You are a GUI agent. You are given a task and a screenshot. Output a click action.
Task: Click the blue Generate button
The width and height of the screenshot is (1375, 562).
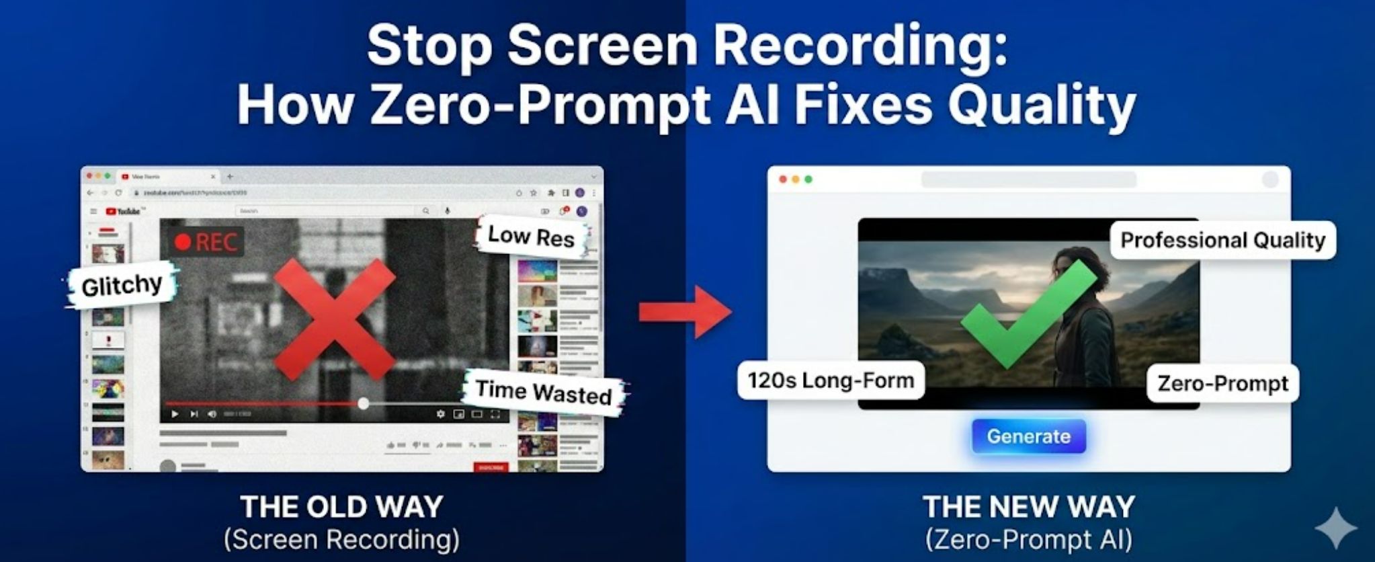[x=1028, y=436]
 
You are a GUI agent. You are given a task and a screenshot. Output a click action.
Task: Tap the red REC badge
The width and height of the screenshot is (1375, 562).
[x=207, y=242]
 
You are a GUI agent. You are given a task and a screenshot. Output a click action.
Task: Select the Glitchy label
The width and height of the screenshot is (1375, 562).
[x=122, y=285]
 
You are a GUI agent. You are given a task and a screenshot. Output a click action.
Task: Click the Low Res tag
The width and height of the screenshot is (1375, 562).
[x=531, y=236]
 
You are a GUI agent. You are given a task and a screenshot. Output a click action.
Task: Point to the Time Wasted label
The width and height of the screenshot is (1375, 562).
[x=544, y=392]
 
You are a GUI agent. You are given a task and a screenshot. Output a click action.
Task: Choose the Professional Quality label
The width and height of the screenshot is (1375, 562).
[x=1222, y=240]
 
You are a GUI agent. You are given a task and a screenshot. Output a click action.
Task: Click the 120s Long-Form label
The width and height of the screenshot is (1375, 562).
[x=831, y=380]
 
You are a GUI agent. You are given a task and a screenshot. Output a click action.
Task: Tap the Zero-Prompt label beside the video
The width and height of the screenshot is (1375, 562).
[x=1222, y=383]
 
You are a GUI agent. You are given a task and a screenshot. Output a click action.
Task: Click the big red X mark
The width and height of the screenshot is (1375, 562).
[x=334, y=319]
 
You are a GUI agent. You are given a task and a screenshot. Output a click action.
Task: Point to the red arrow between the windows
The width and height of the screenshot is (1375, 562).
[x=685, y=312]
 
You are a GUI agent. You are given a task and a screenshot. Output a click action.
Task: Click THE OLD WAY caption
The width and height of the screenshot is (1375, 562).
[x=341, y=507]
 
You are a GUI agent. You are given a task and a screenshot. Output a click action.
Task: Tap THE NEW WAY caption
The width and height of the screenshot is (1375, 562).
[x=1028, y=507]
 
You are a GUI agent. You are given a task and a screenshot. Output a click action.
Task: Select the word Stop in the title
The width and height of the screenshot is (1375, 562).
[x=430, y=46]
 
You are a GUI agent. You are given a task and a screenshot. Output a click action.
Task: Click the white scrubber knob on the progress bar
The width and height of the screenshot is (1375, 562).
[x=364, y=403]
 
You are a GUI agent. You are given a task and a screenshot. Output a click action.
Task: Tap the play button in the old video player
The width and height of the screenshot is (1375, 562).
[x=175, y=414]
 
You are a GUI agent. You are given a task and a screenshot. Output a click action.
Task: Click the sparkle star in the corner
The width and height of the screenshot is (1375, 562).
[x=1335, y=528]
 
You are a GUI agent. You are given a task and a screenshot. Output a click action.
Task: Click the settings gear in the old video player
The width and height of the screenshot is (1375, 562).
[x=440, y=414]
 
